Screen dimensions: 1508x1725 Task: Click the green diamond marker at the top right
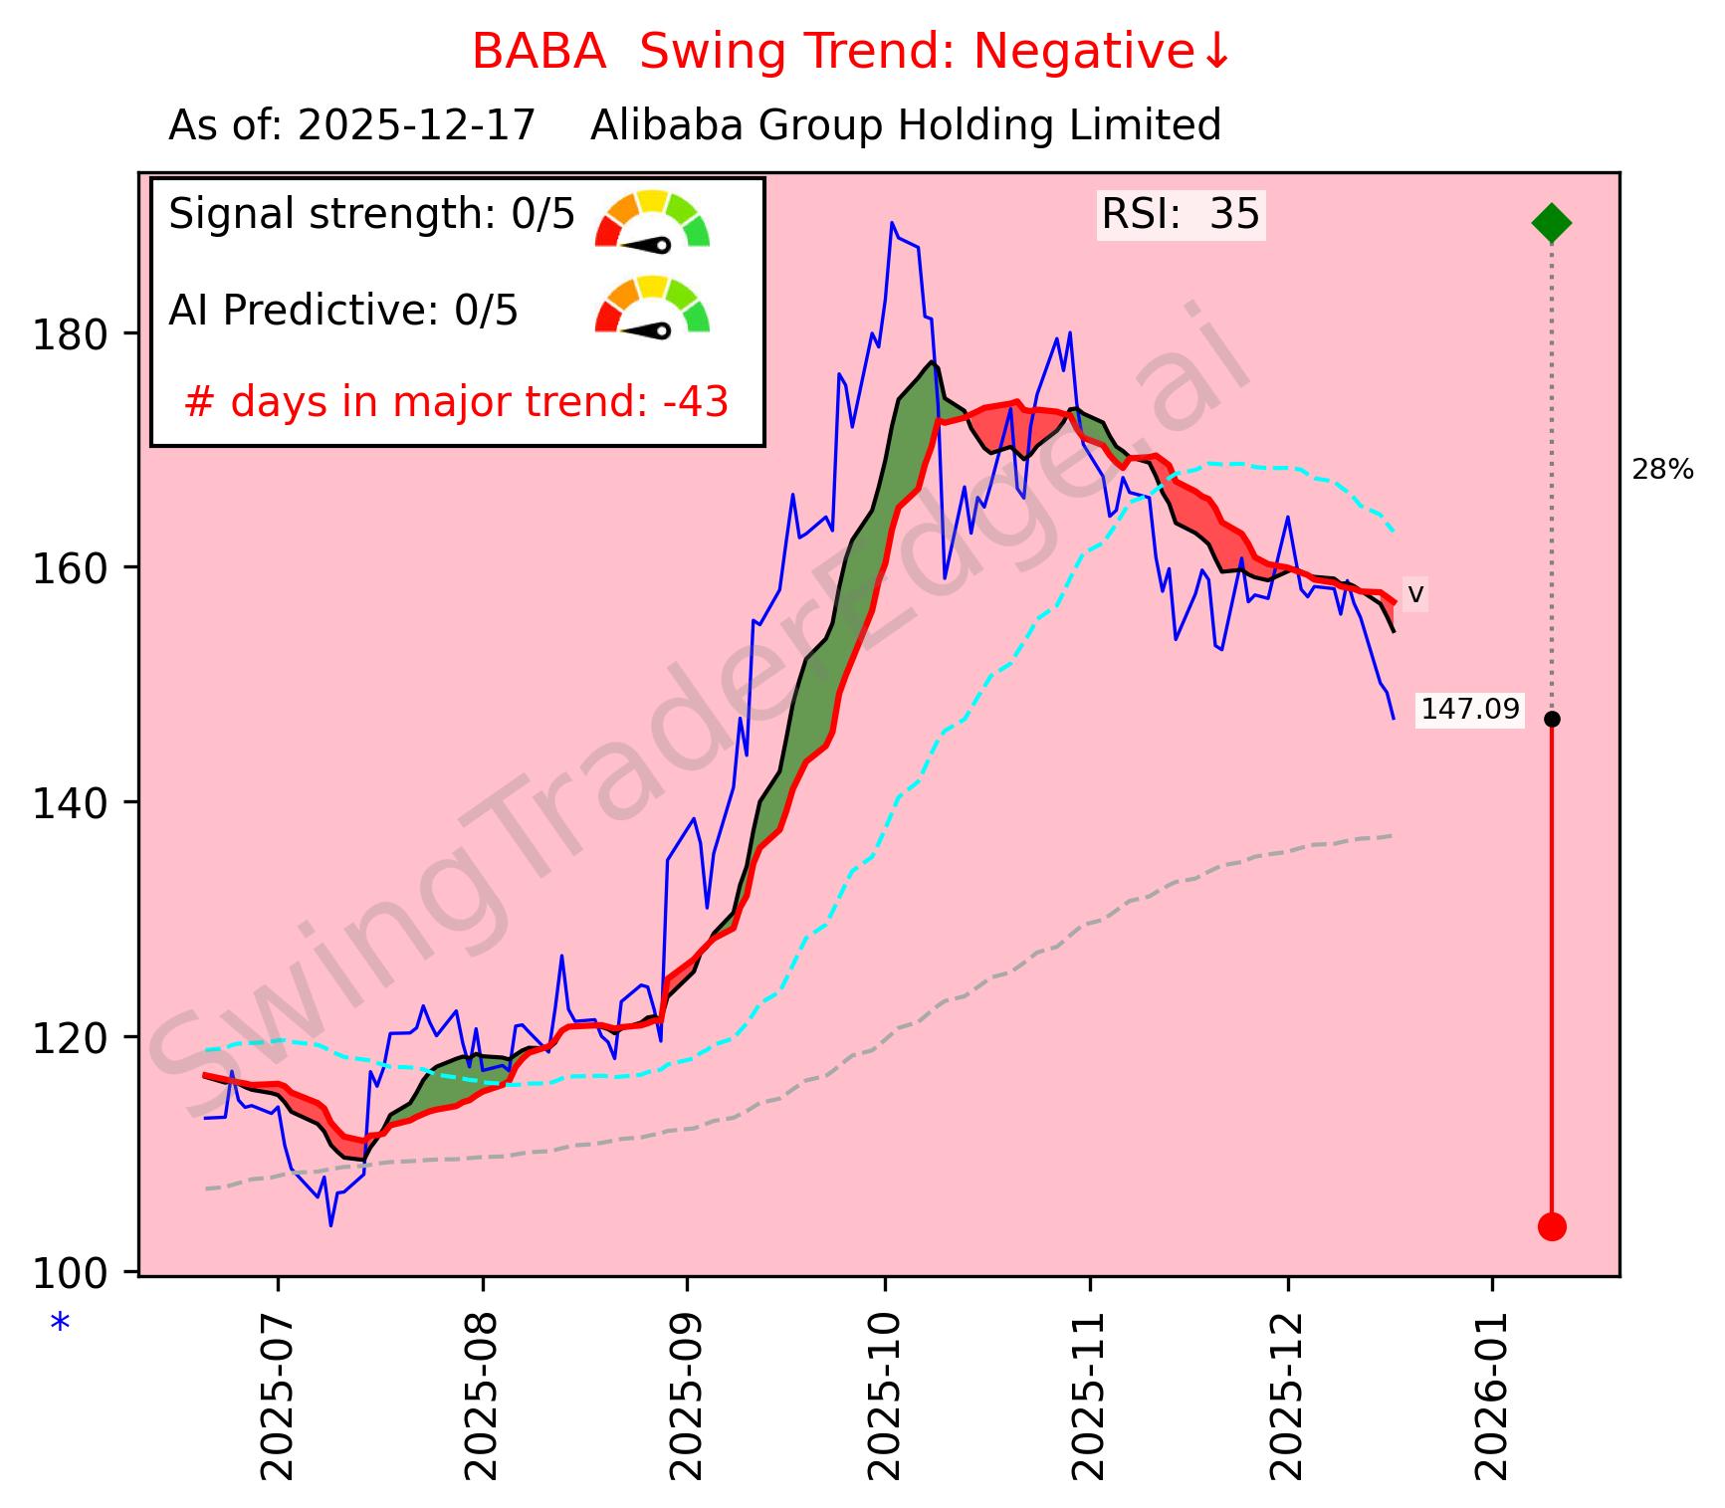coord(1551,222)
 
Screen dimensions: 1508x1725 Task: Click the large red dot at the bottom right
coord(1551,1226)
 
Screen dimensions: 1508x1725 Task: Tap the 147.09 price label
coord(1469,710)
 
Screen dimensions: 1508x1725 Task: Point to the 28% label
coord(1661,470)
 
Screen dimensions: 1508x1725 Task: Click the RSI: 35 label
coord(1180,214)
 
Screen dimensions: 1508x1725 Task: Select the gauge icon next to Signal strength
coord(652,220)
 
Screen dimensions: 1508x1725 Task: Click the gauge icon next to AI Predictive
coord(652,307)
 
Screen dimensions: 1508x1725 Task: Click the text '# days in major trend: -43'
coord(456,402)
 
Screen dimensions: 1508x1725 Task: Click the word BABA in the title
coord(539,52)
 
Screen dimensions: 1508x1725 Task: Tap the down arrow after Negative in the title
coord(1215,52)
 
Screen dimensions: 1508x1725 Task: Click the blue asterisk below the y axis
coord(61,1325)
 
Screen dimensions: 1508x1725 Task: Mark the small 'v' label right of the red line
coord(1414,593)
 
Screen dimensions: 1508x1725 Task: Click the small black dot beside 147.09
coord(1551,719)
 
